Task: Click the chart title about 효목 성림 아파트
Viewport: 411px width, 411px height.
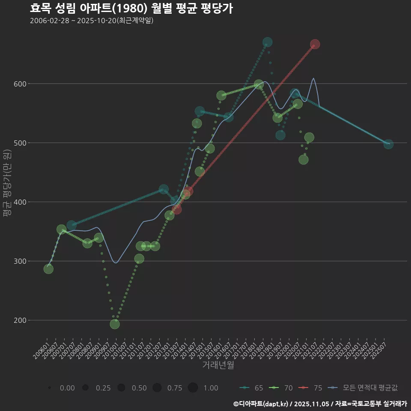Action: coord(131,9)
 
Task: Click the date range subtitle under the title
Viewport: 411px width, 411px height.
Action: coord(92,21)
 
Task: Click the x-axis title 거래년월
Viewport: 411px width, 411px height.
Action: coord(218,365)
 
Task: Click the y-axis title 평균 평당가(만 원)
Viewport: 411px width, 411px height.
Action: coord(7,184)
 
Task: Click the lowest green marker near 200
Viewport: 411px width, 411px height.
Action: coord(115,324)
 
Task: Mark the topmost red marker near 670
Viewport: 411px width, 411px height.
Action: coord(315,44)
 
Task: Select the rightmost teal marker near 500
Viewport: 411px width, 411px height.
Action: coord(388,144)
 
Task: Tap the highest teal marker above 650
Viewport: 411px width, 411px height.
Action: coord(268,42)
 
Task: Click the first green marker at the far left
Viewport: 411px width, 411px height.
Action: coord(48,269)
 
